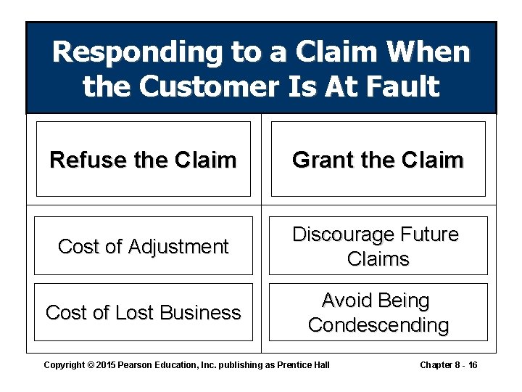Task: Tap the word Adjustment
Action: coord(178,247)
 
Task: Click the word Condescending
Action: coord(378,325)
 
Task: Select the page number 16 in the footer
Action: coord(472,364)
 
